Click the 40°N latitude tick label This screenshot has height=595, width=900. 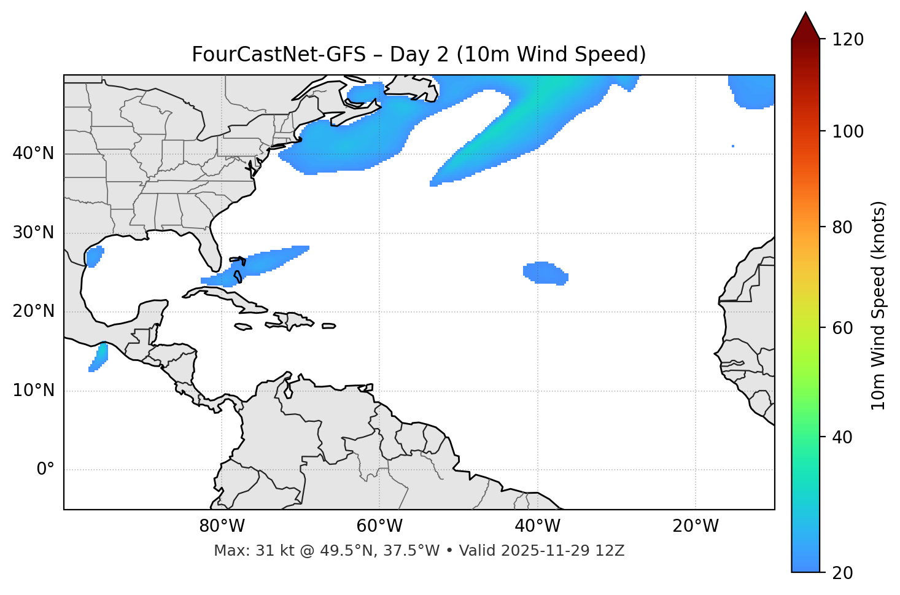(33, 154)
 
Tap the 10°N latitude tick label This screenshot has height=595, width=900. (33, 391)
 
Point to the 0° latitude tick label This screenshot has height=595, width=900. (45, 470)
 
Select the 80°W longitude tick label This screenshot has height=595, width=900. (222, 526)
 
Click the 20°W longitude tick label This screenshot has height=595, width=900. (696, 526)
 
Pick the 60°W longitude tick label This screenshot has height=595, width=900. (379, 526)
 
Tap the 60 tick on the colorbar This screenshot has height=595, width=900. (845, 328)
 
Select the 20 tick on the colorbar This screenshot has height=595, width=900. (845, 573)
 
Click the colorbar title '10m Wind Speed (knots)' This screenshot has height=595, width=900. (879, 305)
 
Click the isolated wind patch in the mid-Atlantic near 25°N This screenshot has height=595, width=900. (544, 273)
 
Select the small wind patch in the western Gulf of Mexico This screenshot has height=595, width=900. (94, 256)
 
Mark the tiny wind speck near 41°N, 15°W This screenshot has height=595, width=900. (733, 146)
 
